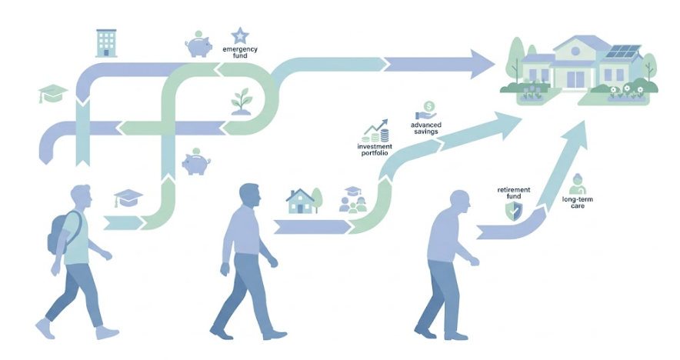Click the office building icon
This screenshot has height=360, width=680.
click(x=106, y=43)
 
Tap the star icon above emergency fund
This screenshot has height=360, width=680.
click(x=239, y=36)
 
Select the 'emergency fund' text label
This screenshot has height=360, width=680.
click(x=240, y=52)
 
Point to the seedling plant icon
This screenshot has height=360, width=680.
click(x=242, y=102)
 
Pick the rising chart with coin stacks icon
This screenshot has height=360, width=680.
click(x=376, y=131)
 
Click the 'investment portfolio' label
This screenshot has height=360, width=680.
click(x=375, y=150)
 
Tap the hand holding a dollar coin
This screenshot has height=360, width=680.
click(x=426, y=111)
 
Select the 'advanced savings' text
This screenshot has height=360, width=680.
click(x=426, y=128)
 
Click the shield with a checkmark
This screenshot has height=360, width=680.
click(x=514, y=212)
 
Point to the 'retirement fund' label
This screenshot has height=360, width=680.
click(x=514, y=193)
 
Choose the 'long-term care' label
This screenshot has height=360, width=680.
click(x=577, y=202)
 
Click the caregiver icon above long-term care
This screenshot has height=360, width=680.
click(x=578, y=185)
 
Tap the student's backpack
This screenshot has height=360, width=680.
click(x=61, y=232)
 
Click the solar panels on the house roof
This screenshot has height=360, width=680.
click(x=623, y=52)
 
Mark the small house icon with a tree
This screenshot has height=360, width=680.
click(x=304, y=201)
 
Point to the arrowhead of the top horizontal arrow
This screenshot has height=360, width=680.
click(x=482, y=64)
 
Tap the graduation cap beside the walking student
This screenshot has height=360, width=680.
click(x=128, y=198)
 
